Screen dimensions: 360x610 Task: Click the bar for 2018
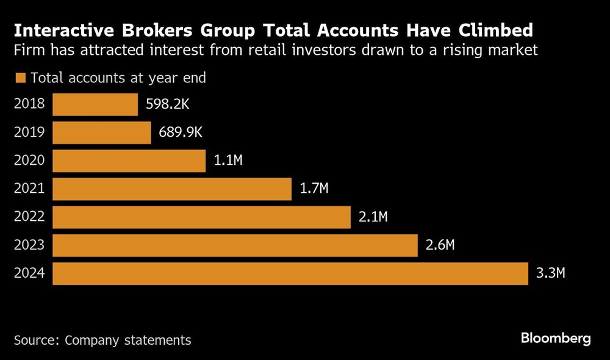pyautogui.click(x=95, y=104)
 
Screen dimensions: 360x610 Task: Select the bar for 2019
pyautogui.click(x=102, y=133)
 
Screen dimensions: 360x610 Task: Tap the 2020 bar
pyautogui.click(x=129, y=161)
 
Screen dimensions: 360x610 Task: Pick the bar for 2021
pyautogui.click(x=172, y=189)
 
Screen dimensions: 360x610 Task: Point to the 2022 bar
pyautogui.click(x=202, y=217)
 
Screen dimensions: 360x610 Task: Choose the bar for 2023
pyautogui.click(x=235, y=245)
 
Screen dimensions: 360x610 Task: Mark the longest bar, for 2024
pyautogui.click(x=290, y=273)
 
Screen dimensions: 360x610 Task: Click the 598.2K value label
pyautogui.click(x=168, y=104)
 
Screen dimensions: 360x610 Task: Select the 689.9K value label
pyautogui.click(x=181, y=133)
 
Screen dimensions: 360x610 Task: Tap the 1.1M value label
pyautogui.click(x=228, y=161)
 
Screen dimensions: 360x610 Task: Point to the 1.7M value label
pyautogui.click(x=314, y=189)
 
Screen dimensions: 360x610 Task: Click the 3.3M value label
pyautogui.click(x=551, y=273)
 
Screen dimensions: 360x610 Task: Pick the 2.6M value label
pyautogui.click(x=440, y=245)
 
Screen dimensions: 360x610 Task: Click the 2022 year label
pyautogui.click(x=29, y=217)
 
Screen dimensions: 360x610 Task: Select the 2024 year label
pyautogui.click(x=29, y=273)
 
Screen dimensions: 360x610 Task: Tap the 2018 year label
pyautogui.click(x=29, y=104)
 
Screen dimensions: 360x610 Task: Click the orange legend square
pyautogui.click(x=21, y=78)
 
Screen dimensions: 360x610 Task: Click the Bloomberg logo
pyautogui.click(x=556, y=339)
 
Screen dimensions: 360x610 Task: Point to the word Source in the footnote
pyautogui.click(x=35, y=340)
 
